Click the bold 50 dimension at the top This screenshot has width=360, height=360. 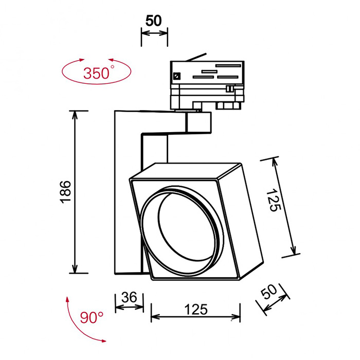coord(154,21)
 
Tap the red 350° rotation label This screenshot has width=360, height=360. coord(97,72)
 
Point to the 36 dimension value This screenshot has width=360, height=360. coord(129,297)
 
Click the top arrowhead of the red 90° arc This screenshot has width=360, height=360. coord(67,299)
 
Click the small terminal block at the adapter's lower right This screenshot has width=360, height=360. coord(228,105)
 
